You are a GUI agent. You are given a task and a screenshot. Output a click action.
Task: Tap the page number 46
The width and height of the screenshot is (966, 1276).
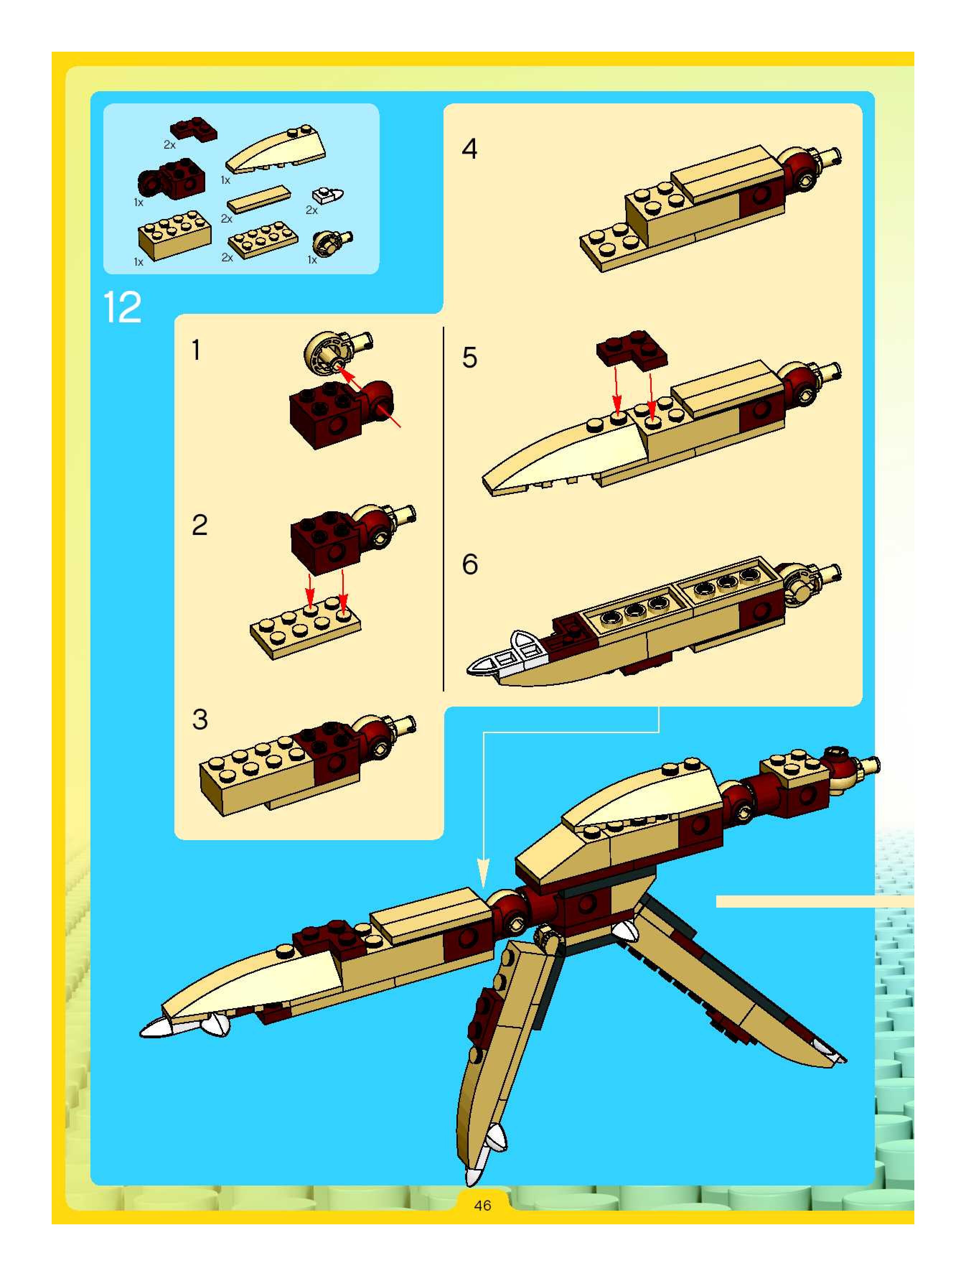point(482,1205)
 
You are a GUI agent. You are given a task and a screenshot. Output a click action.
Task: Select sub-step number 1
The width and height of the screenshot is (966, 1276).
point(197,350)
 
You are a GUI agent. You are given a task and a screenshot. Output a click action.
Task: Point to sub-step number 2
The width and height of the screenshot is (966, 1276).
point(200,525)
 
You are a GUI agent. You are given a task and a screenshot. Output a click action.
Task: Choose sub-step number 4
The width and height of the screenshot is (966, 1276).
point(469,149)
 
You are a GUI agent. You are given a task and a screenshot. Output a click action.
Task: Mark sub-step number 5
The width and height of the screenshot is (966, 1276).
point(469,358)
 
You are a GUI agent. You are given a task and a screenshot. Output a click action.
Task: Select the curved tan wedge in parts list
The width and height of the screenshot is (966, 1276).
point(276,149)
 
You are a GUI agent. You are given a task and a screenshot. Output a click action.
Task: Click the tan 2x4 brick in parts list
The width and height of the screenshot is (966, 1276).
point(174,234)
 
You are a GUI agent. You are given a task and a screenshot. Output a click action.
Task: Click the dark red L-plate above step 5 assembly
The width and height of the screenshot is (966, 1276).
point(632,348)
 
